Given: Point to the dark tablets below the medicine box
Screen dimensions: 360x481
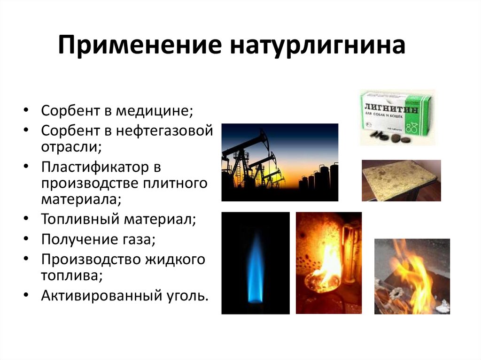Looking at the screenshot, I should [390, 136].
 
